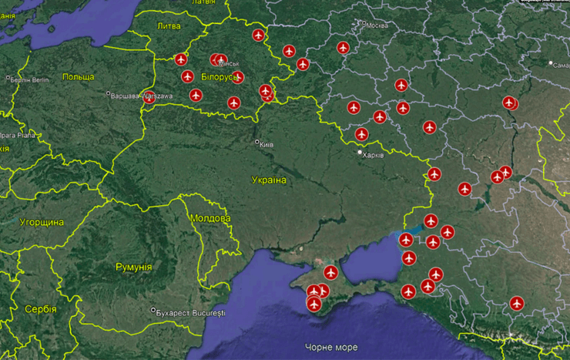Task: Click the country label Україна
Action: tap(269, 180)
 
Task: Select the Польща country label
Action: tap(78, 76)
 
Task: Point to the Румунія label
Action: tap(133, 267)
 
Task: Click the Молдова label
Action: tap(210, 218)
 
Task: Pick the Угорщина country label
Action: tap(42, 222)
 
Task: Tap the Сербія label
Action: tap(40, 309)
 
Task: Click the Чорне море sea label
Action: tap(331, 347)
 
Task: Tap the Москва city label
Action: tap(377, 25)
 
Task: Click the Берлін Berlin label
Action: tap(30, 79)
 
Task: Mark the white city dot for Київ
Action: tap(257, 142)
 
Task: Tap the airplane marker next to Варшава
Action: tap(149, 97)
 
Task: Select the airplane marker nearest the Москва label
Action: tap(344, 48)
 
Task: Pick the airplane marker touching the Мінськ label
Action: tap(220, 59)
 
